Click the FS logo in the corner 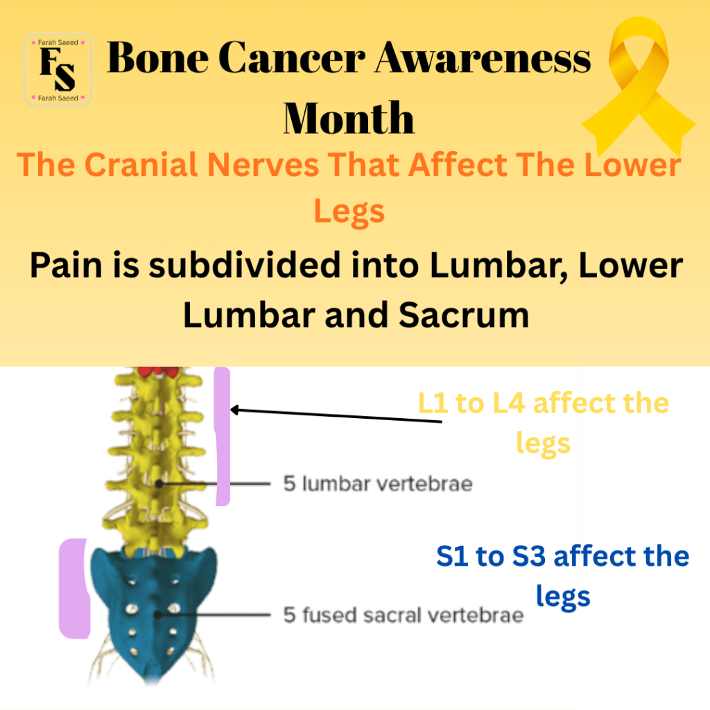pyautogui.click(x=58, y=70)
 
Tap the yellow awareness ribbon pyautogui.click(x=639, y=86)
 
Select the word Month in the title pyautogui.click(x=349, y=118)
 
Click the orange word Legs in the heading pyautogui.click(x=349, y=212)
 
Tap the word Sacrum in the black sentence pyautogui.click(x=464, y=315)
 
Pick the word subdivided pyautogui.click(x=245, y=265)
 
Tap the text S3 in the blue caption pyautogui.click(x=528, y=556)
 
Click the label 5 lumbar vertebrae pyautogui.click(x=378, y=483)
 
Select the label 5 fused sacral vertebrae pyautogui.click(x=404, y=615)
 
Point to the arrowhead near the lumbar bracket pyautogui.click(x=234, y=410)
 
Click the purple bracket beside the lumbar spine pyautogui.click(x=222, y=436)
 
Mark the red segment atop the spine pyautogui.click(x=159, y=372)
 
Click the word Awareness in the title pyautogui.click(x=483, y=58)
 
